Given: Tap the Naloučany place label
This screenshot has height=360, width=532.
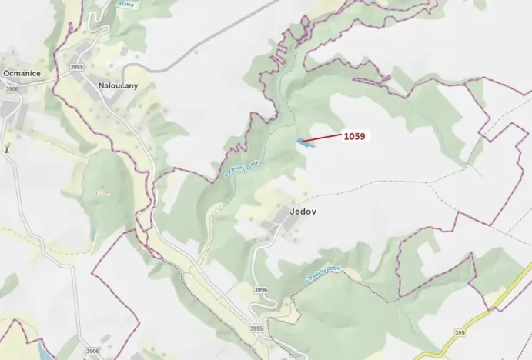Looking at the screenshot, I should [x=118, y=85].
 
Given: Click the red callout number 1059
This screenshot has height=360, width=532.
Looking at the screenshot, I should [x=354, y=136].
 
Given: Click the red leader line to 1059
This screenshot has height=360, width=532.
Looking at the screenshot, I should [x=326, y=138].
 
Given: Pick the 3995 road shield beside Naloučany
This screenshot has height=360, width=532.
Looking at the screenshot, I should [x=75, y=68].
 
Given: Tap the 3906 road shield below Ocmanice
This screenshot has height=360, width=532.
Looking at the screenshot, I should [x=12, y=89].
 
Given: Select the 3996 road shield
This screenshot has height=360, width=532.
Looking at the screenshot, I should [x=261, y=290].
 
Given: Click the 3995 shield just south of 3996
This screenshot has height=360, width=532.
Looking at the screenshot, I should [x=256, y=328].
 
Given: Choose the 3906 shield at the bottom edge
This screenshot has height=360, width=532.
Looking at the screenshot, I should [x=92, y=351].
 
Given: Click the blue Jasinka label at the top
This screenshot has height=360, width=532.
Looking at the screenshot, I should [x=124, y=4].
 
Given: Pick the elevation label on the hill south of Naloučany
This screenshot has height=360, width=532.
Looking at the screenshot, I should [x=104, y=192].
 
